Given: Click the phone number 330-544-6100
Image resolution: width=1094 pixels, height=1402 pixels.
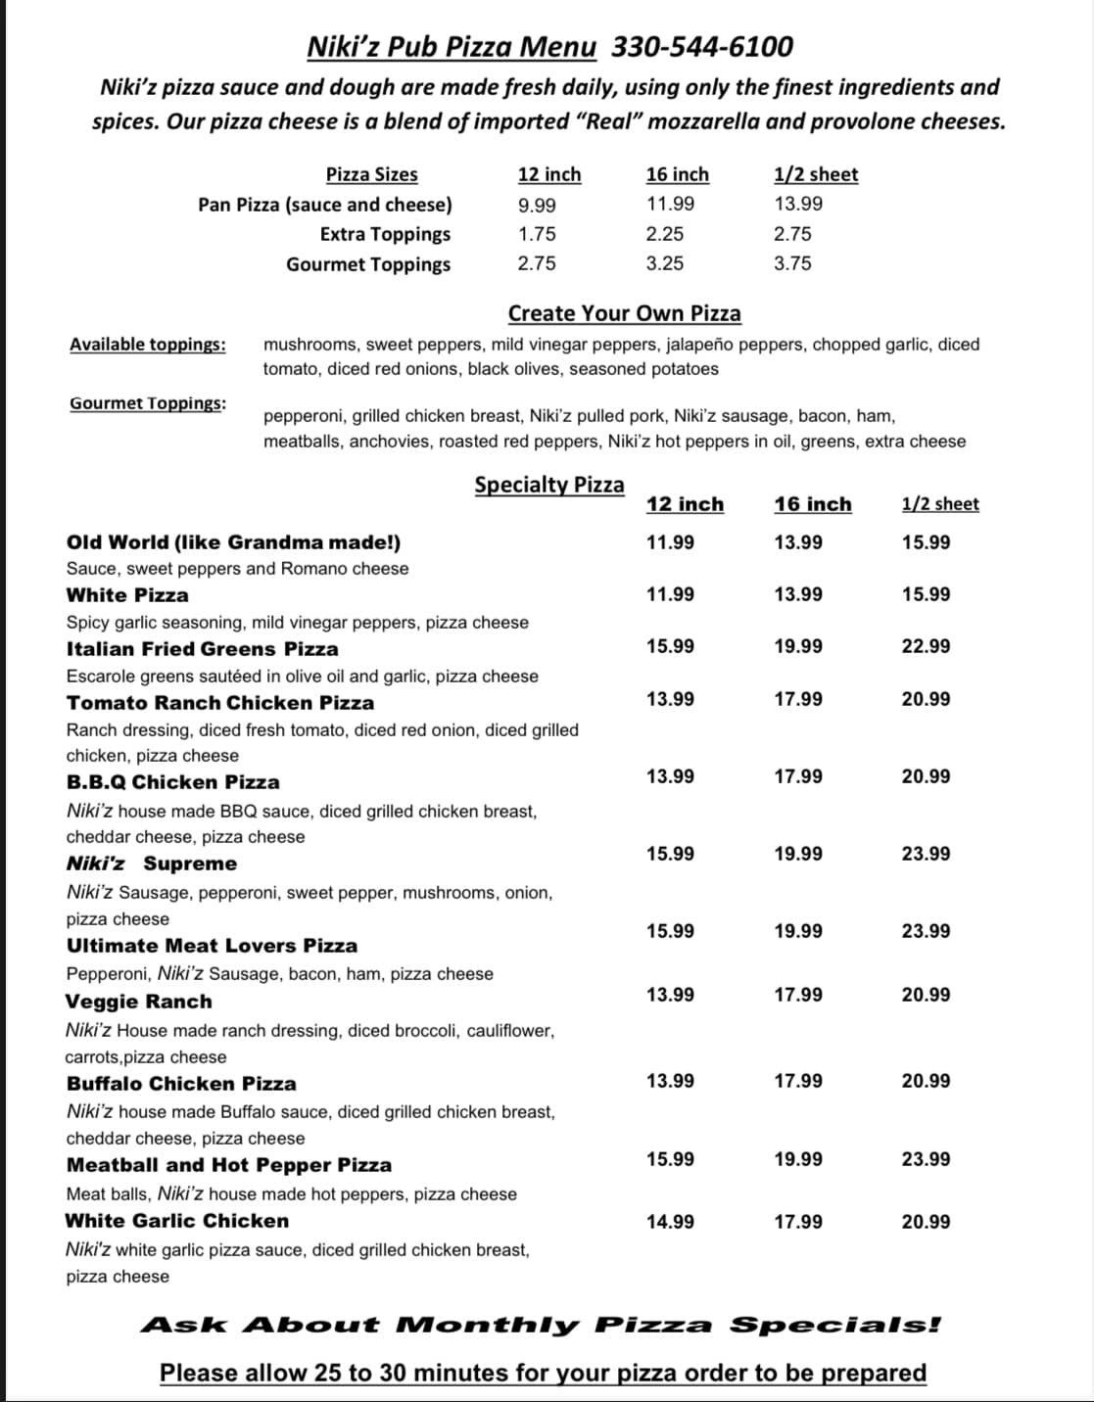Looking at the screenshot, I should point(702,46).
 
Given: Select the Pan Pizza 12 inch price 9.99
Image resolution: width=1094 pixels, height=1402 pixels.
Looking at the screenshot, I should point(537,205).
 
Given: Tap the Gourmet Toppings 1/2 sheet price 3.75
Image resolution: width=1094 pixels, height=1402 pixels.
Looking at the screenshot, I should point(792,263).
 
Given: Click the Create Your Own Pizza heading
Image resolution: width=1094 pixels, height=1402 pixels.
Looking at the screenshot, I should point(624,313).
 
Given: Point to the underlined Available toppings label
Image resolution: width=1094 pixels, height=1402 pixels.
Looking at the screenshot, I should point(147,345).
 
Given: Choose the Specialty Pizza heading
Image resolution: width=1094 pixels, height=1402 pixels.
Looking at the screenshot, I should point(548,486).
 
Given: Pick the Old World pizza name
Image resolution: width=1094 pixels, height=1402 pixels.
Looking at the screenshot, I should point(233,542).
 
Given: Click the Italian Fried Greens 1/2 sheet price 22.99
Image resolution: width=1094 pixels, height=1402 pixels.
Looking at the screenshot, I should point(926,646).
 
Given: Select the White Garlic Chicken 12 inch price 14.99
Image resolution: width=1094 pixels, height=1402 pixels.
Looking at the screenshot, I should point(670,1222).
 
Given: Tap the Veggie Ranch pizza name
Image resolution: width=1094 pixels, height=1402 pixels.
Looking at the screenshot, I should point(138,1002).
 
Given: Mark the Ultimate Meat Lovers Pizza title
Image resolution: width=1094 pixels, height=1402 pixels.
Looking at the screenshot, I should point(212,946).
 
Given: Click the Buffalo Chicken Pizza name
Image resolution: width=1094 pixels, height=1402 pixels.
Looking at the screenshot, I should point(181,1084).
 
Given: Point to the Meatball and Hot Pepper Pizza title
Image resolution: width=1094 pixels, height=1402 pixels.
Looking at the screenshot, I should point(229,1165).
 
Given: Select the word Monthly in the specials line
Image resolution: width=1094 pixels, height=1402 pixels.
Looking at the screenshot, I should point(489,1326).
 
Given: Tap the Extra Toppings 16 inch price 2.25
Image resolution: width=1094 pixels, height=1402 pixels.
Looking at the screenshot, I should point(665,234).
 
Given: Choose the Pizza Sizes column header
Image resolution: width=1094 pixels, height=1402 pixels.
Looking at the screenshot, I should point(371,174).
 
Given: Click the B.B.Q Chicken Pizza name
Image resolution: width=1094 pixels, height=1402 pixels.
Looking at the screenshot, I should point(172,782).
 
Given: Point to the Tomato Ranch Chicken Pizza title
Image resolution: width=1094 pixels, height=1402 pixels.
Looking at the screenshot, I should point(220,703).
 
